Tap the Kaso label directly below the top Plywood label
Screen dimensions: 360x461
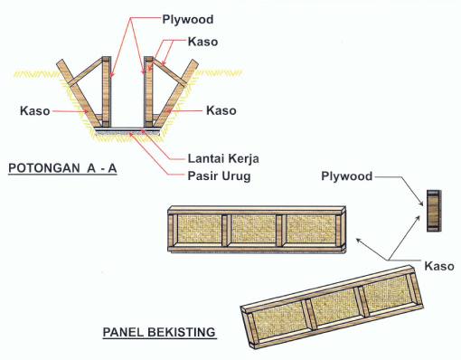pyautogui.click(x=203, y=42)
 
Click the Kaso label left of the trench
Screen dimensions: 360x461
pyautogui.click(x=34, y=110)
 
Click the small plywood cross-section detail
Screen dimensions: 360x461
pyautogui.click(x=433, y=212)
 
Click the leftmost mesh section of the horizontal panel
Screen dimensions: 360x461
pyautogui.click(x=199, y=230)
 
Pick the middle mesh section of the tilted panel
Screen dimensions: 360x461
pyautogui.click(x=335, y=305)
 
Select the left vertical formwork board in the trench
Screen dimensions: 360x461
pyautogui.click(x=106, y=90)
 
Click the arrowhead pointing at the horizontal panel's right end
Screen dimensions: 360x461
pyautogui.click(x=358, y=239)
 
